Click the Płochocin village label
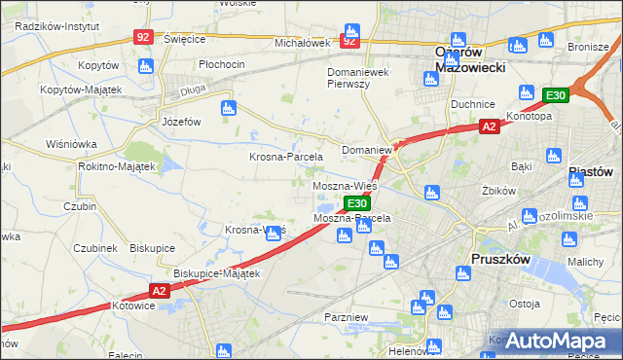point(221,64)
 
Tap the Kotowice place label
point(134,306)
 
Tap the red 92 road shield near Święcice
point(144,37)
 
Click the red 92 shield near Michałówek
point(350,42)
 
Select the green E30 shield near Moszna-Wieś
point(356,203)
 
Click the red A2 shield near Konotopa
point(490,126)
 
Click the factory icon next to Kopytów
point(146,66)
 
